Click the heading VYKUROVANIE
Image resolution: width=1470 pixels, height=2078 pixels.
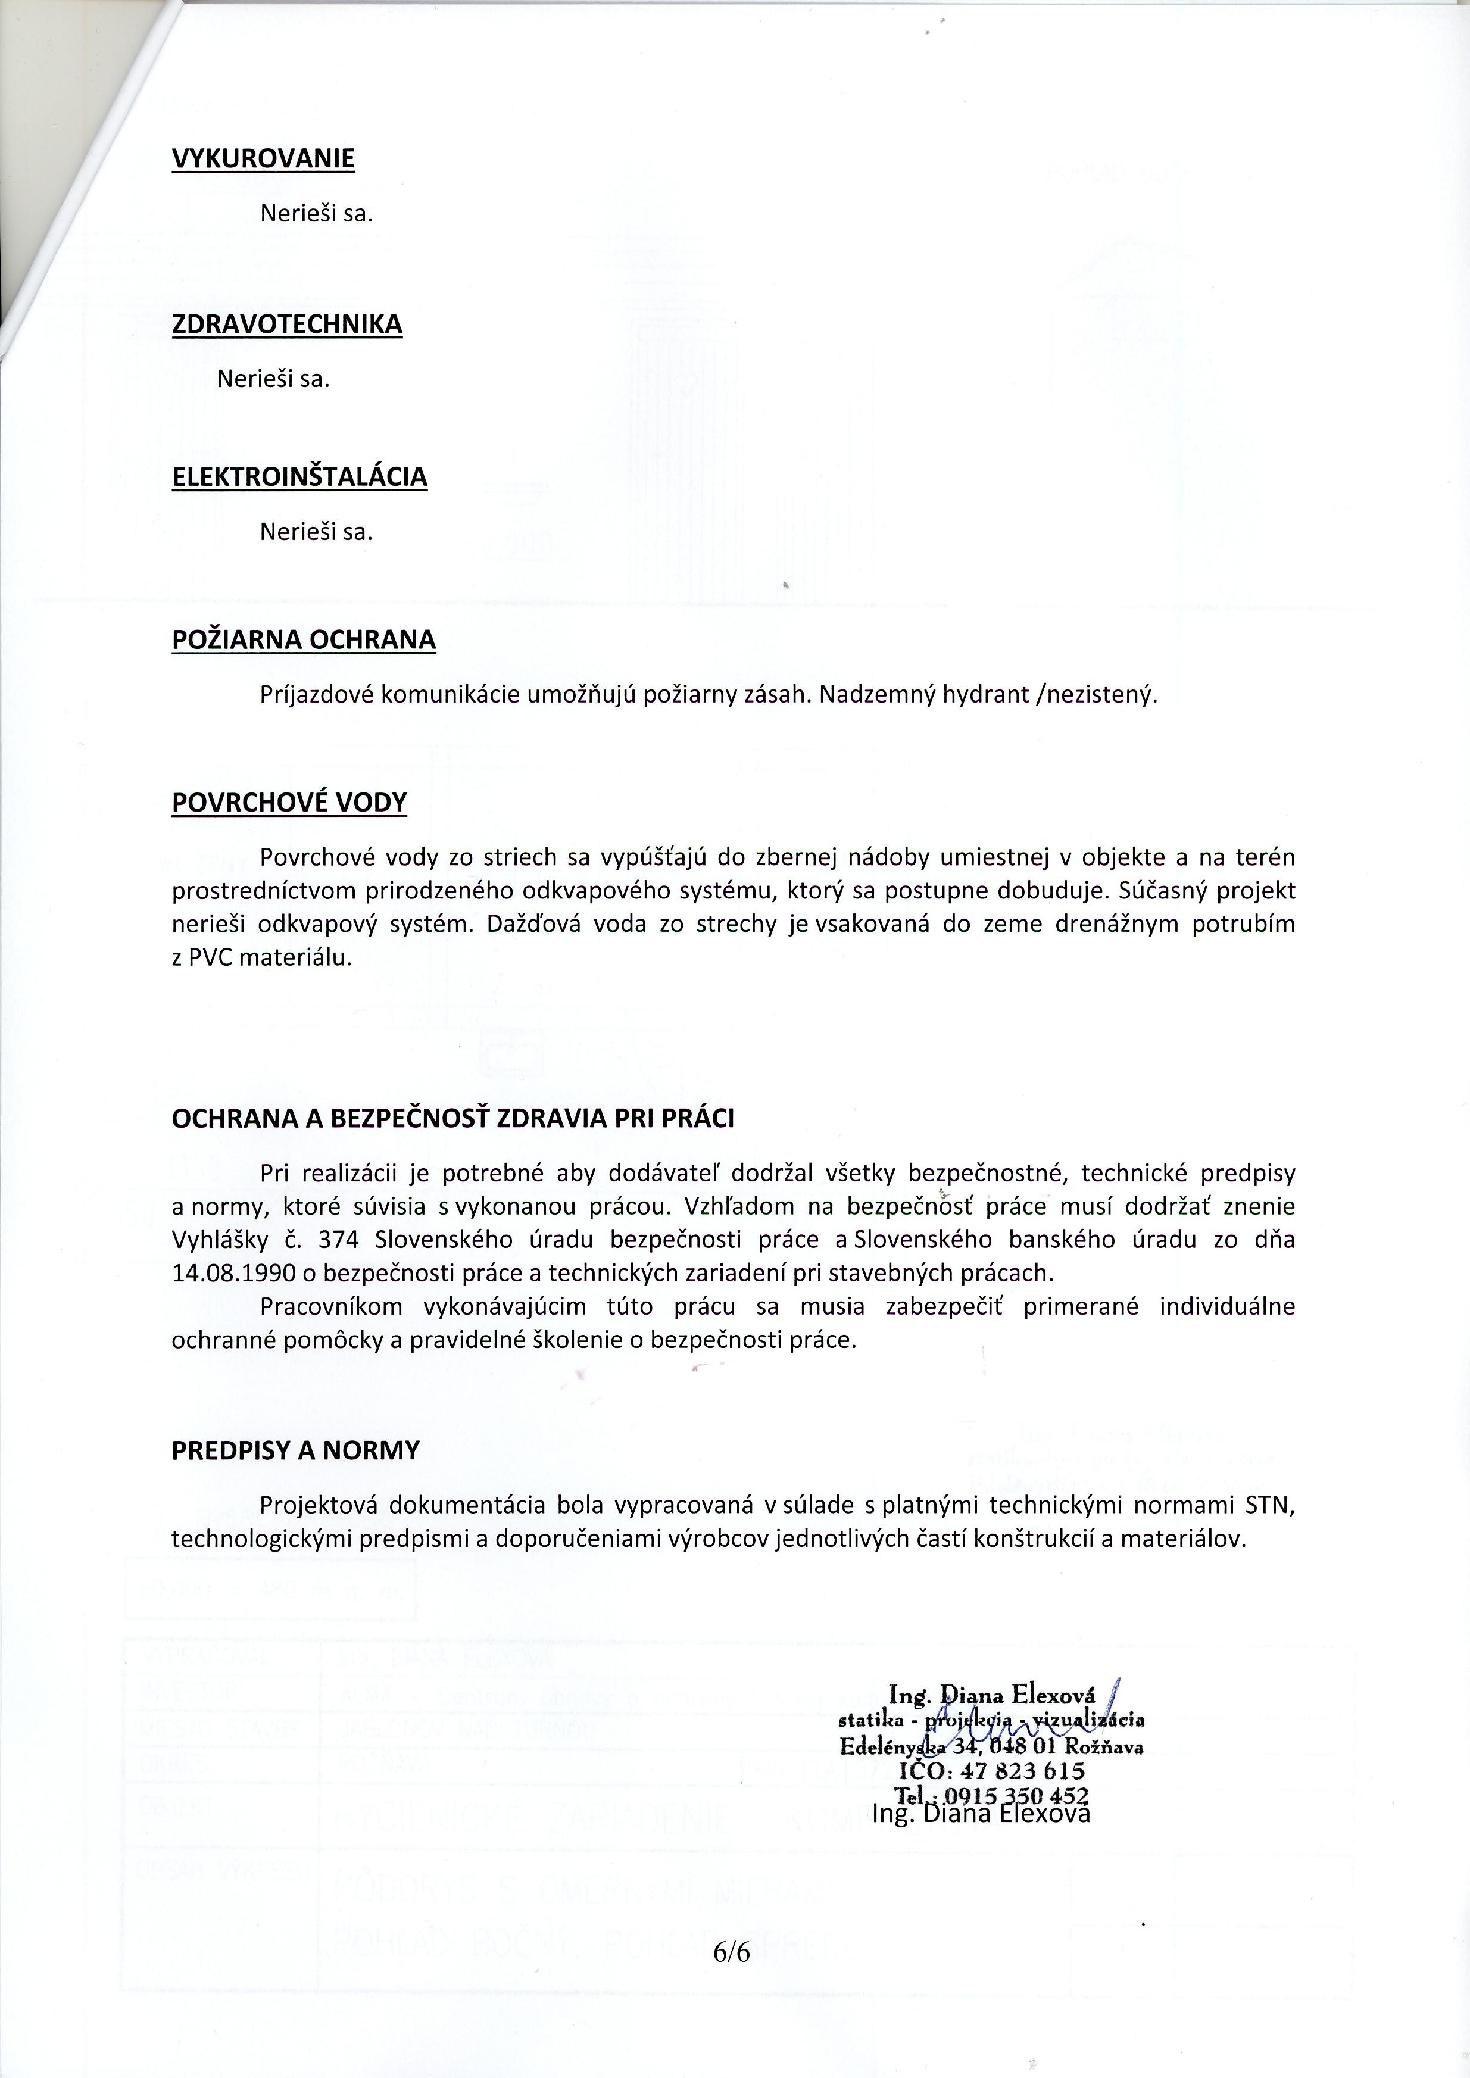click(x=263, y=160)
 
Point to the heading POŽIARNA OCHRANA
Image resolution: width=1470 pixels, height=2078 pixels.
click(x=303, y=640)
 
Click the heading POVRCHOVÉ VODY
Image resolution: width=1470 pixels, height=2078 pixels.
click(x=289, y=803)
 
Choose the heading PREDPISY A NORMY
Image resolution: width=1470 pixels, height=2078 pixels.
click(x=296, y=1451)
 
